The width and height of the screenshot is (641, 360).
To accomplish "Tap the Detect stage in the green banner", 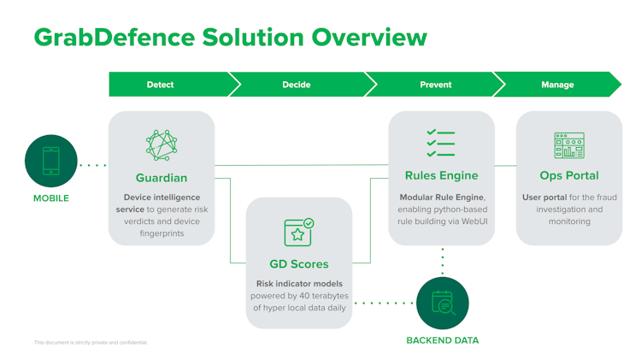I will click(160, 85).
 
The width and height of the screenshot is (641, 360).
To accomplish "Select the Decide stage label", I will click(296, 85).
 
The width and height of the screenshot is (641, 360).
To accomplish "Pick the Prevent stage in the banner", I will click(436, 85).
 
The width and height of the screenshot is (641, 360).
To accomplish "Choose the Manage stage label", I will click(558, 85).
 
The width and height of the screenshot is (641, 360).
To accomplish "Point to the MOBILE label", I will click(51, 198).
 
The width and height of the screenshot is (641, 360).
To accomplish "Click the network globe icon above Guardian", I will click(162, 146).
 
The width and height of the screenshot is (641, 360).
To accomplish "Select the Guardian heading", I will click(162, 178).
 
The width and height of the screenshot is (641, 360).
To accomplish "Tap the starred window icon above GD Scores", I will click(299, 232).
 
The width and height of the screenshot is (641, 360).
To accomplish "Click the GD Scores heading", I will click(299, 264).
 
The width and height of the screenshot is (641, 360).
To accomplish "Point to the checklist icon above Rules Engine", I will click(441, 144).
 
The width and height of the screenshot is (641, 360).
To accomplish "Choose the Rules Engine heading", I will click(441, 176).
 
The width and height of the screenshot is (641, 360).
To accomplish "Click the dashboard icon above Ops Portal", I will click(569, 145).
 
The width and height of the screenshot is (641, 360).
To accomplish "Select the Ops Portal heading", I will click(569, 176).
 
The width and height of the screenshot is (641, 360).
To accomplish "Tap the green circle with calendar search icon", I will click(443, 303).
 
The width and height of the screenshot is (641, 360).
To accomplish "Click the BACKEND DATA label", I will click(443, 340).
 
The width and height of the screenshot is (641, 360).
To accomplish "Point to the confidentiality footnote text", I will click(91, 343).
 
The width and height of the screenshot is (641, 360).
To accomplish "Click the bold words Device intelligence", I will click(161, 198).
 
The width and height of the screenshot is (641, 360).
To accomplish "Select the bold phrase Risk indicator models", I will click(298, 284).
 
